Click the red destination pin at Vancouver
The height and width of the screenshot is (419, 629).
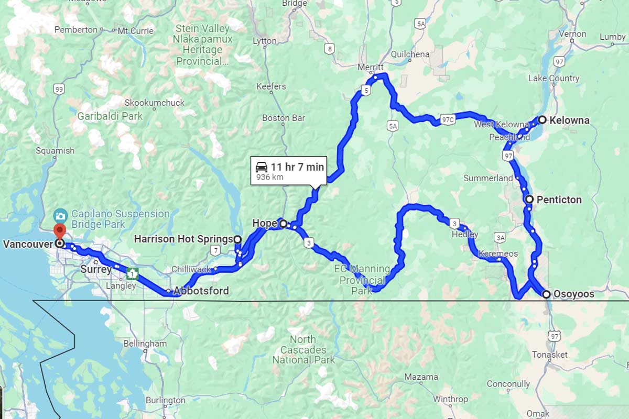point(60,230)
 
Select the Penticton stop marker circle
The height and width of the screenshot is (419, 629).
point(529,200)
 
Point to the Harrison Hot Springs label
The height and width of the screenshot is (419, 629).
point(183,239)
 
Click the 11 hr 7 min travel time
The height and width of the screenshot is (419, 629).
point(297,167)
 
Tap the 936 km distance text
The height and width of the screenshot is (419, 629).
point(269,178)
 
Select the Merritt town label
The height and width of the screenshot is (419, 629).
point(371,68)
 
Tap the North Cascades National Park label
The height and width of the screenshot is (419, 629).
point(303,349)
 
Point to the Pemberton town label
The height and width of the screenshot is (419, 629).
point(76,30)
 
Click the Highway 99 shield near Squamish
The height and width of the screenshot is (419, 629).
point(59,90)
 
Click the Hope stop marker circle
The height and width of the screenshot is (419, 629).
point(284,224)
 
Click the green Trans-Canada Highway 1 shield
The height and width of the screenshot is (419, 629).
point(133,273)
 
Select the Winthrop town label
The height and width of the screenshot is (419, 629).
point(450,399)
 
